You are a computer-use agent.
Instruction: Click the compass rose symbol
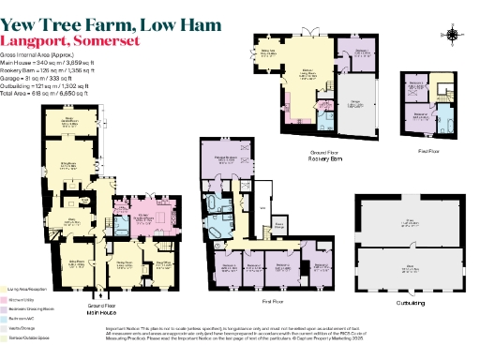click(x=455, y=36)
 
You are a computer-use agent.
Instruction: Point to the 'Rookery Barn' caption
click(x=322, y=158)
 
